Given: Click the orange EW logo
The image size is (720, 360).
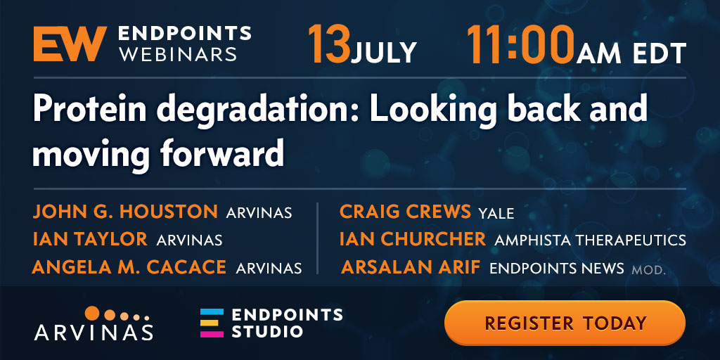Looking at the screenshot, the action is point(70,44).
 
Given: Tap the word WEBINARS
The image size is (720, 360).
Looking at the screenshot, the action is point(178,54).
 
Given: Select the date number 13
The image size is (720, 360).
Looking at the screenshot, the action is point(329,44).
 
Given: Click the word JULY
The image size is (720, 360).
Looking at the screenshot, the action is point(384,53).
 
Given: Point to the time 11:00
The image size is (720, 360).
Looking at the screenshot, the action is point(521,44).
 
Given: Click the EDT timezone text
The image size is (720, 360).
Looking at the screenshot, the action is point(659,53).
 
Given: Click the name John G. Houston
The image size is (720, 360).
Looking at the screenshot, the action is point(125,212).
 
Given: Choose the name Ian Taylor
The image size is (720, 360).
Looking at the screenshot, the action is point(90,239).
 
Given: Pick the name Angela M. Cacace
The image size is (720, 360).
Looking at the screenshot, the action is point(129,266).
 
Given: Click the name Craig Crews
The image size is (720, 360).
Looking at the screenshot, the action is point(405,212).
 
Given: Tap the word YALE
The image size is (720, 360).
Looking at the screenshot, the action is point(496,213).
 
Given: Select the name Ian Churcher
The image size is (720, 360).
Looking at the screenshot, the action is point(412,239).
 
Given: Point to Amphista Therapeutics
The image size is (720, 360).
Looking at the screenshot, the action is point(590,240).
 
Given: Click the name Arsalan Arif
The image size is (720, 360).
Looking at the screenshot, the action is point(411,267).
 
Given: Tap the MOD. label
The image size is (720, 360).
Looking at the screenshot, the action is point(648,269).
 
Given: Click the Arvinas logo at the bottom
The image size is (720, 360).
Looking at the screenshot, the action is point(94,323).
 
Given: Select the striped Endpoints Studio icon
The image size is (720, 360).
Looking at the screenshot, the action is point(212,323).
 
